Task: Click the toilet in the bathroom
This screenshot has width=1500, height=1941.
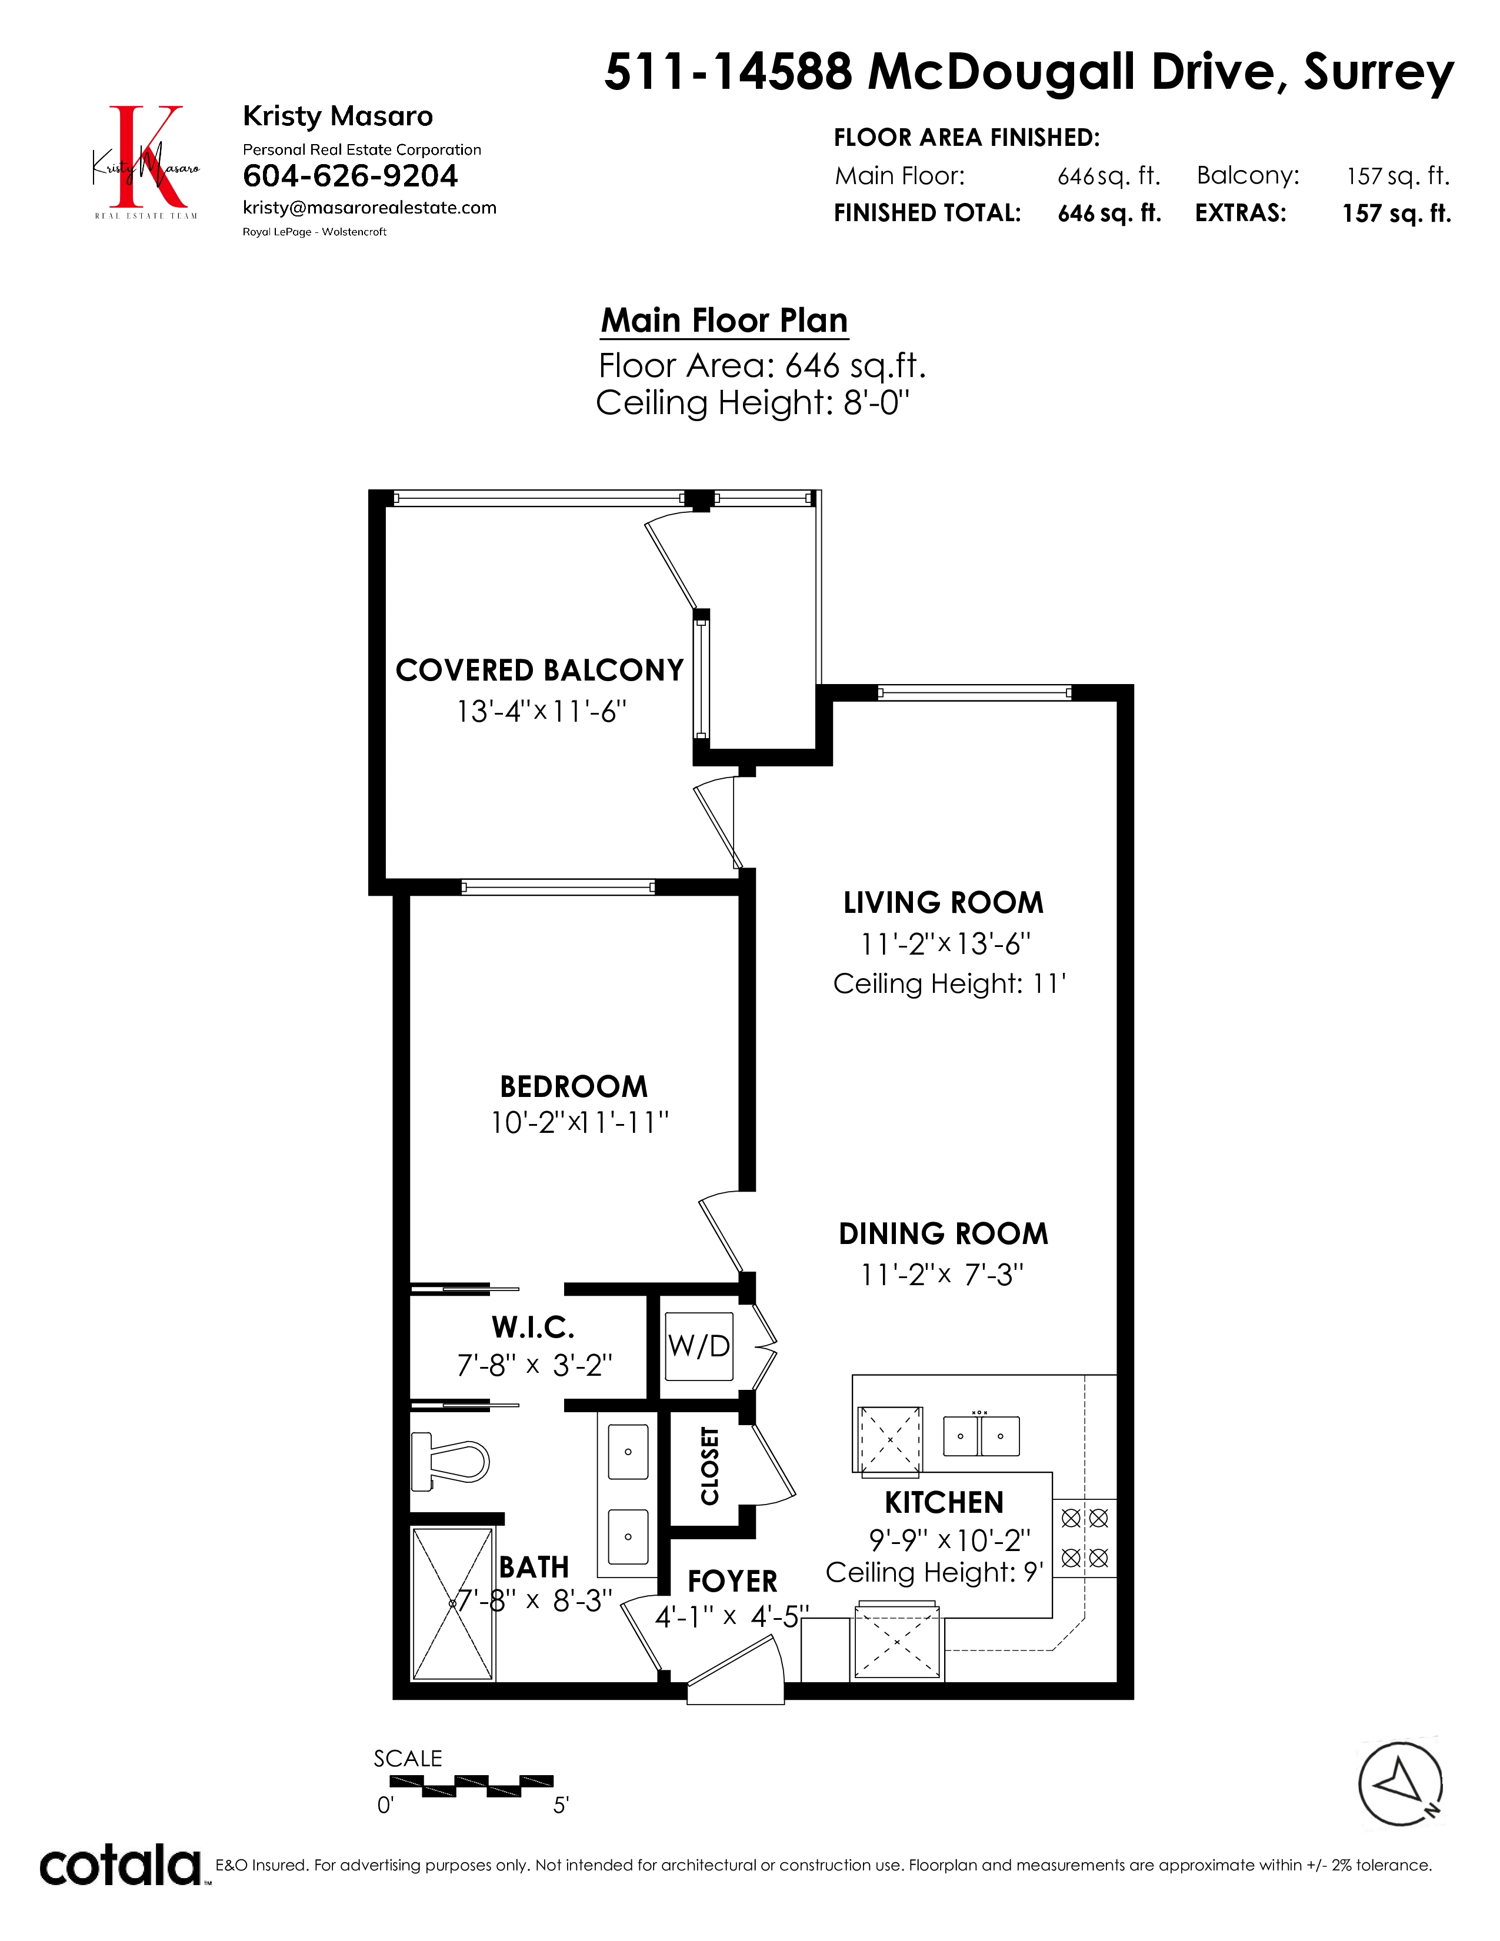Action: (x=449, y=1462)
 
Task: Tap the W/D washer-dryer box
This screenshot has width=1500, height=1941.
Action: (x=700, y=1346)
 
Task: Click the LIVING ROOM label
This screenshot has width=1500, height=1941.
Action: (x=943, y=902)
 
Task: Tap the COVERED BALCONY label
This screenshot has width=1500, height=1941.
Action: (x=539, y=670)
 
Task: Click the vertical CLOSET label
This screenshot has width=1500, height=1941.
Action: (x=709, y=1466)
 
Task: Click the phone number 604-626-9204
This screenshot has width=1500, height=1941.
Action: (x=350, y=176)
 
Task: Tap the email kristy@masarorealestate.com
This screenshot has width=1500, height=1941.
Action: (x=369, y=208)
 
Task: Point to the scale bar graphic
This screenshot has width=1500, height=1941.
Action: (x=471, y=1786)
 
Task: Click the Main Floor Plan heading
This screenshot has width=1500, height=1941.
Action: (x=724, y=320)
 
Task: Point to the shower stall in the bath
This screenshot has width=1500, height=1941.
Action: (x=453, y=1603)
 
